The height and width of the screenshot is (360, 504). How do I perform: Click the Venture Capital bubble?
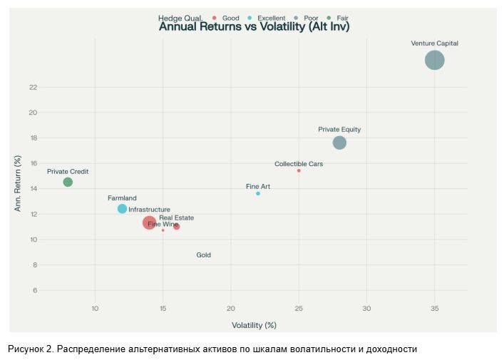434,61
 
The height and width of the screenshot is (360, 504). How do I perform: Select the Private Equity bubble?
339,143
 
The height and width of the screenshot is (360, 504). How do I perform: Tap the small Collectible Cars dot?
299,170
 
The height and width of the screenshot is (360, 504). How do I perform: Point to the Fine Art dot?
258,193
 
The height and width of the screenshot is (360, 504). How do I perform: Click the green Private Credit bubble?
68,182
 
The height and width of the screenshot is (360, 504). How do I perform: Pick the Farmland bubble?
122,209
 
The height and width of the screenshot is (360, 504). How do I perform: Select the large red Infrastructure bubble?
149,222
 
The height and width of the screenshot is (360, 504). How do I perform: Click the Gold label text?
203,255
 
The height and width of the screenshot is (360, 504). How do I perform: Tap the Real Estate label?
176,218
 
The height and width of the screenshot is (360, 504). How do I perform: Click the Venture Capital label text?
434,43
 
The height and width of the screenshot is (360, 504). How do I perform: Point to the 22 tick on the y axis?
33,88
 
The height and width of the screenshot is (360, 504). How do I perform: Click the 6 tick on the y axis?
33,291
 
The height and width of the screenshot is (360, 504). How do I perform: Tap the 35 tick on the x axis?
434,309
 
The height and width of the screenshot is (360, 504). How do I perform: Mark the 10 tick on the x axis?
95,309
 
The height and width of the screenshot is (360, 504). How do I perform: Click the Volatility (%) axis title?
254,325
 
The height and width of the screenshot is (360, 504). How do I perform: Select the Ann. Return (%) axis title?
19,184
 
